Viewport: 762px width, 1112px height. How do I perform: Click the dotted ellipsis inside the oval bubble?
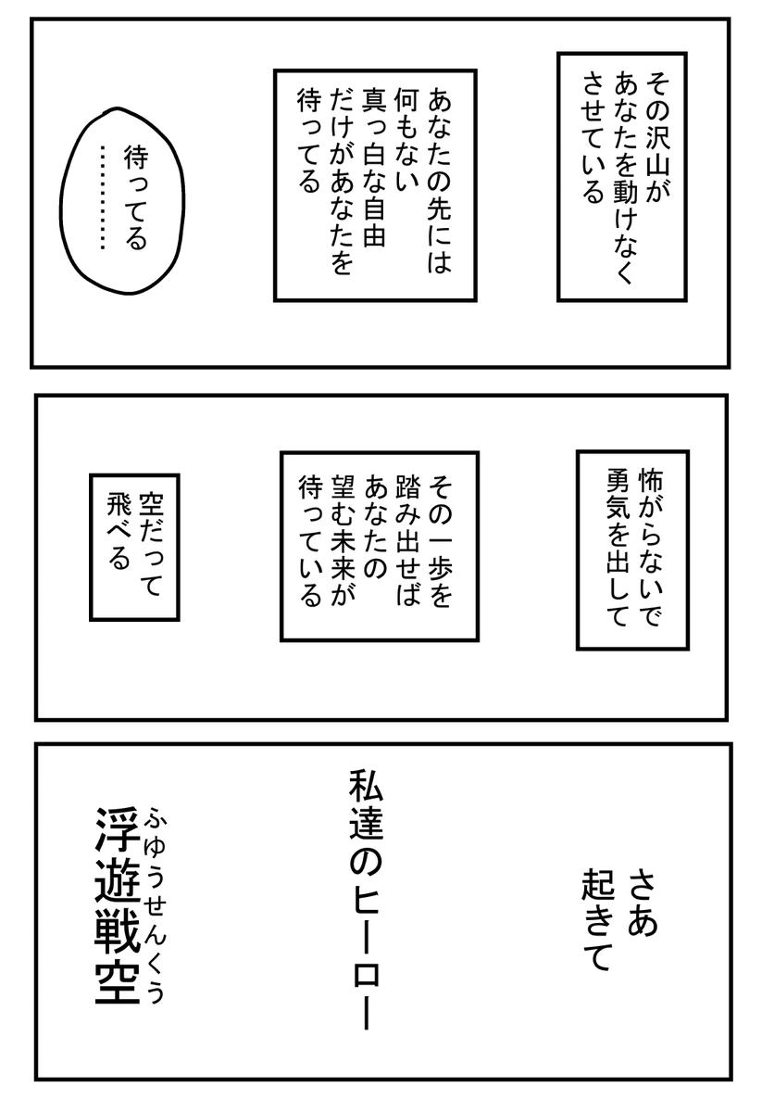104,197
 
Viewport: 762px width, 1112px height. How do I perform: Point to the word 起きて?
595,921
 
